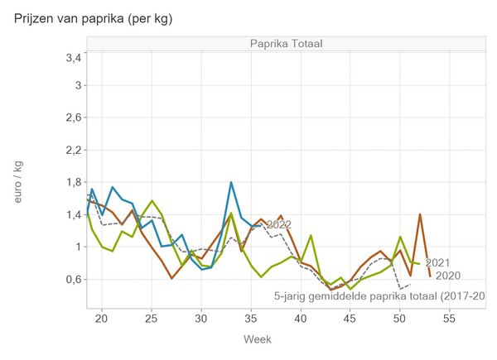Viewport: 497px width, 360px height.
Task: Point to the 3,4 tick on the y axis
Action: [72, 58]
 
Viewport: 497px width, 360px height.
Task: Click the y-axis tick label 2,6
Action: [72, 118]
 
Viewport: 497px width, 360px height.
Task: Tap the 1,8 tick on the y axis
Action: [72, 182]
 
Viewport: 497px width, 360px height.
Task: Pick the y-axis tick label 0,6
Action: [72, 279]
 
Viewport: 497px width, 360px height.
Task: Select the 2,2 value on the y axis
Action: [72, 150]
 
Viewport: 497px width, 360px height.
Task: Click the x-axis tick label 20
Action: [102, 318]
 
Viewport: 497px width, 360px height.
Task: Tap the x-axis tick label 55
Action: [450, 318]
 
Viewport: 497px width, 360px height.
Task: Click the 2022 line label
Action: [278, 224]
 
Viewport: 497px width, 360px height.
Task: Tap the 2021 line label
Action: [437, 263]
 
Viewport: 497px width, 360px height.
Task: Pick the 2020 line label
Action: [447, 276]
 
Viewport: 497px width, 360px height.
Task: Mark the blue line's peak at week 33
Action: [231, 182]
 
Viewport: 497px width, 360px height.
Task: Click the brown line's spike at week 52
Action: [420, 214]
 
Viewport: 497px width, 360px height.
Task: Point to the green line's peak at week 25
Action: [152, 200]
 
